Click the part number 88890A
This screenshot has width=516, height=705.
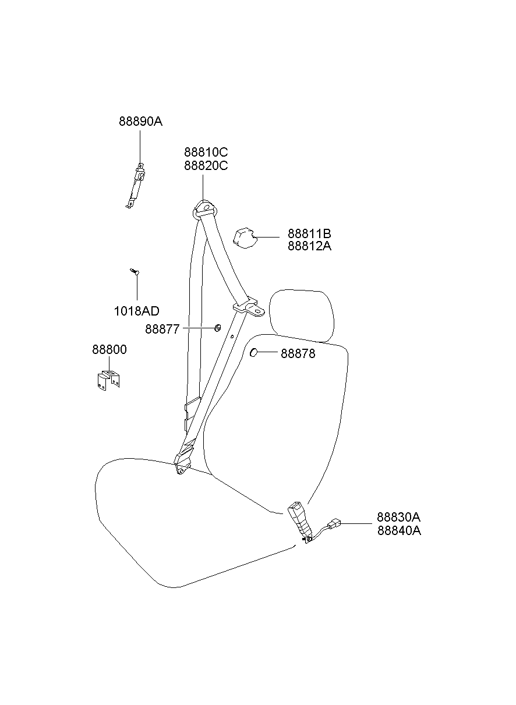tap(140, 121)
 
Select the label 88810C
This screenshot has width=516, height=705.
tap(206, 152)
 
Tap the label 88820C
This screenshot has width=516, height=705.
tap(206, 165)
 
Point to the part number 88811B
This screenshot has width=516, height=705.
tap(309, 233)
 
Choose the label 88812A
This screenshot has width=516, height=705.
tap(309, 246)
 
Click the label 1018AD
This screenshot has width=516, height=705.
tap(137, 311)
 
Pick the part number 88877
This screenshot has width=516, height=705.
tap(162, 329)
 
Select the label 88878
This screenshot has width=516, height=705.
tap(298, 354)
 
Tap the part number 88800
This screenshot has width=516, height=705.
tap(109, 349)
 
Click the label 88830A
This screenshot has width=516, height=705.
tap(398, 517)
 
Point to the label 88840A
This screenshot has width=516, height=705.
tap(399, 530)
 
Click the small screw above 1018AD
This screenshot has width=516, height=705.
tap(135, 272)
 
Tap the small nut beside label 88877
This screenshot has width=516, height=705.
tap(217, 328)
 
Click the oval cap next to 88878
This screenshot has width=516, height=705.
tap(253, 353)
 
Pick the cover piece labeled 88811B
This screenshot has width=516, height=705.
tap(244, 238)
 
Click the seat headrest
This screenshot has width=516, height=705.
tap(302, 316)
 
